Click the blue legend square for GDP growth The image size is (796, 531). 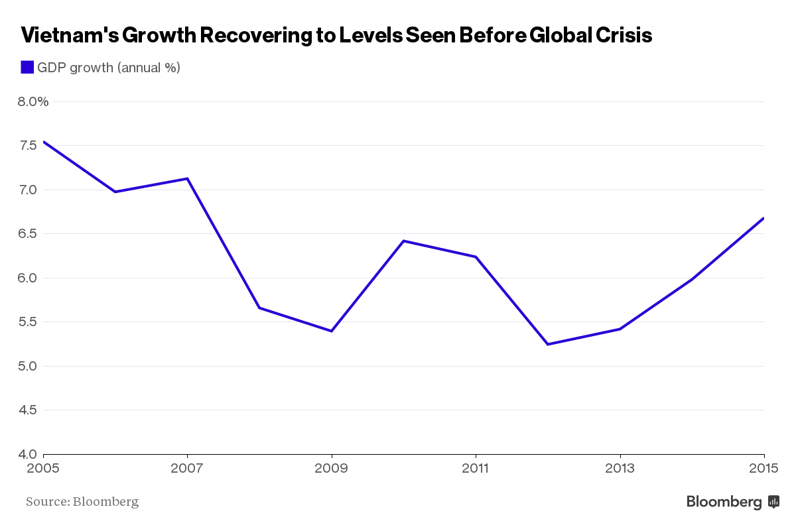click(x=27, y=67)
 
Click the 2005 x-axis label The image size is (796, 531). click(x=43, y=469)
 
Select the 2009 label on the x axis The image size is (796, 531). click(x=331, y=469)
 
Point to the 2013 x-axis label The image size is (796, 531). click(x=620, y=469)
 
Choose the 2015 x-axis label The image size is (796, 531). click(x=764, y=469)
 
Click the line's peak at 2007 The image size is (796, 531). click(x=188, y=178)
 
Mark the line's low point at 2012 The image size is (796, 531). click(x=548, y=344)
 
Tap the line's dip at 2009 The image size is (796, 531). click(x=331, y=331)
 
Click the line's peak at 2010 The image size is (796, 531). click(x=403, y=241)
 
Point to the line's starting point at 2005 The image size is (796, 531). click(x=44, y=142)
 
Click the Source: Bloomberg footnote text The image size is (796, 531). click(x=82, y=502)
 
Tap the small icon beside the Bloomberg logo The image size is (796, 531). click(x=773, y=502)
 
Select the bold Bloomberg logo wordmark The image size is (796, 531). click(x=724, y=502)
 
